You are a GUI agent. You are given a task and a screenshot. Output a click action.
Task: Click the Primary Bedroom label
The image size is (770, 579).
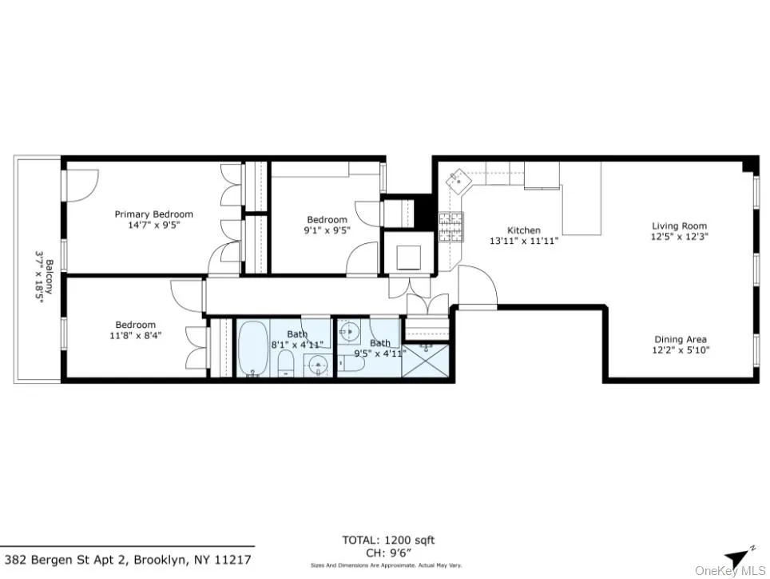coord(153,214)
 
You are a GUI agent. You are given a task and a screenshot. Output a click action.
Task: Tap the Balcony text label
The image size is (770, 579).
coord(49,277)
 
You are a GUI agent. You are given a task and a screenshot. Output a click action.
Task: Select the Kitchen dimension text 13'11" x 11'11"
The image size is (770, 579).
coord(524,241)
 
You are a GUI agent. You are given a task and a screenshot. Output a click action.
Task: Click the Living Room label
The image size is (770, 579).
coord(679,226)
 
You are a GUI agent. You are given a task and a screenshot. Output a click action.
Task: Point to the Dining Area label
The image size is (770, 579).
coord(681,339)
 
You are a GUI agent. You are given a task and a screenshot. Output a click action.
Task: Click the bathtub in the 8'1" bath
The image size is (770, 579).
coord(253,349)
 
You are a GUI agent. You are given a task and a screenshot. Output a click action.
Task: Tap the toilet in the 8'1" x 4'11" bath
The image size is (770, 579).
coord(285,365)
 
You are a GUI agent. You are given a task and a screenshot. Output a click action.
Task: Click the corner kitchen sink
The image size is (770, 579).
coord(460,179)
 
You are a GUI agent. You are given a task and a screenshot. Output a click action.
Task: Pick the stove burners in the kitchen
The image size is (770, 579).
coord(449,226)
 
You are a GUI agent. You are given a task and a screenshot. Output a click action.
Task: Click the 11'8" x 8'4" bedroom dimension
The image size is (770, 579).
coord(135,335)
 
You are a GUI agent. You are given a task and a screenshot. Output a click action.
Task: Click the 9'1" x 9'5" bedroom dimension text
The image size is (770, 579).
coord(327,230)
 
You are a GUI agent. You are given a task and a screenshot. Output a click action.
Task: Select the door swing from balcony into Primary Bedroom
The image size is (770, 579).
coord(80,183)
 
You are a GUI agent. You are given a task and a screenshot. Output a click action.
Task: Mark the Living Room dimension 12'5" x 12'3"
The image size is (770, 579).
coord(680,237)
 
